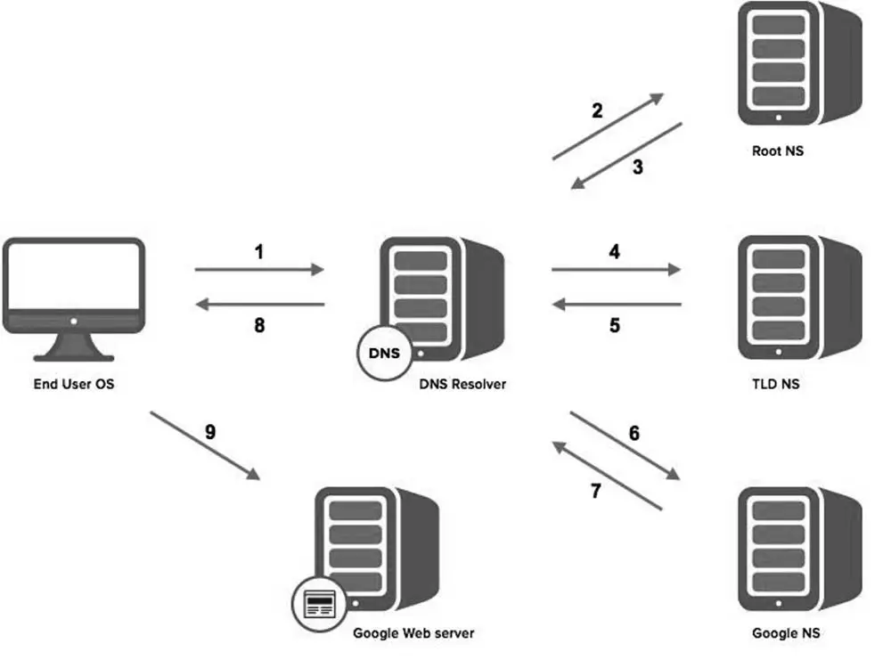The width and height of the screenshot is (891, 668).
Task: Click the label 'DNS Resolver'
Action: coord(462,385)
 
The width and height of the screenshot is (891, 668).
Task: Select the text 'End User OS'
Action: coord(74,385)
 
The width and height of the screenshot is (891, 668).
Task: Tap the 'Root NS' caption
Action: coord(777,151)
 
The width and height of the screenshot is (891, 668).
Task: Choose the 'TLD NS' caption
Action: coord(775,385)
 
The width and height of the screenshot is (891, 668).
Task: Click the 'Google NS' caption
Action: coord(785,633)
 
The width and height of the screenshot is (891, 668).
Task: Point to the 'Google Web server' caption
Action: coord(413,633)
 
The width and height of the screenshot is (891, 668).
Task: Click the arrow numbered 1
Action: coord(259,268)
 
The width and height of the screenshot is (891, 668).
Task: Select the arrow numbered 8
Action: coord(259,305)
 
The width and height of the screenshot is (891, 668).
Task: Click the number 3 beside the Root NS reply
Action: coord(638,167)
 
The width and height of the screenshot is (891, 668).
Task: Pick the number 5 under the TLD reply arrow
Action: coord(615,325)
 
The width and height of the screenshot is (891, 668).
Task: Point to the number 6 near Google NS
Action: coord(634,433)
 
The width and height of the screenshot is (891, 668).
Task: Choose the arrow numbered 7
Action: coord(609,477)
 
